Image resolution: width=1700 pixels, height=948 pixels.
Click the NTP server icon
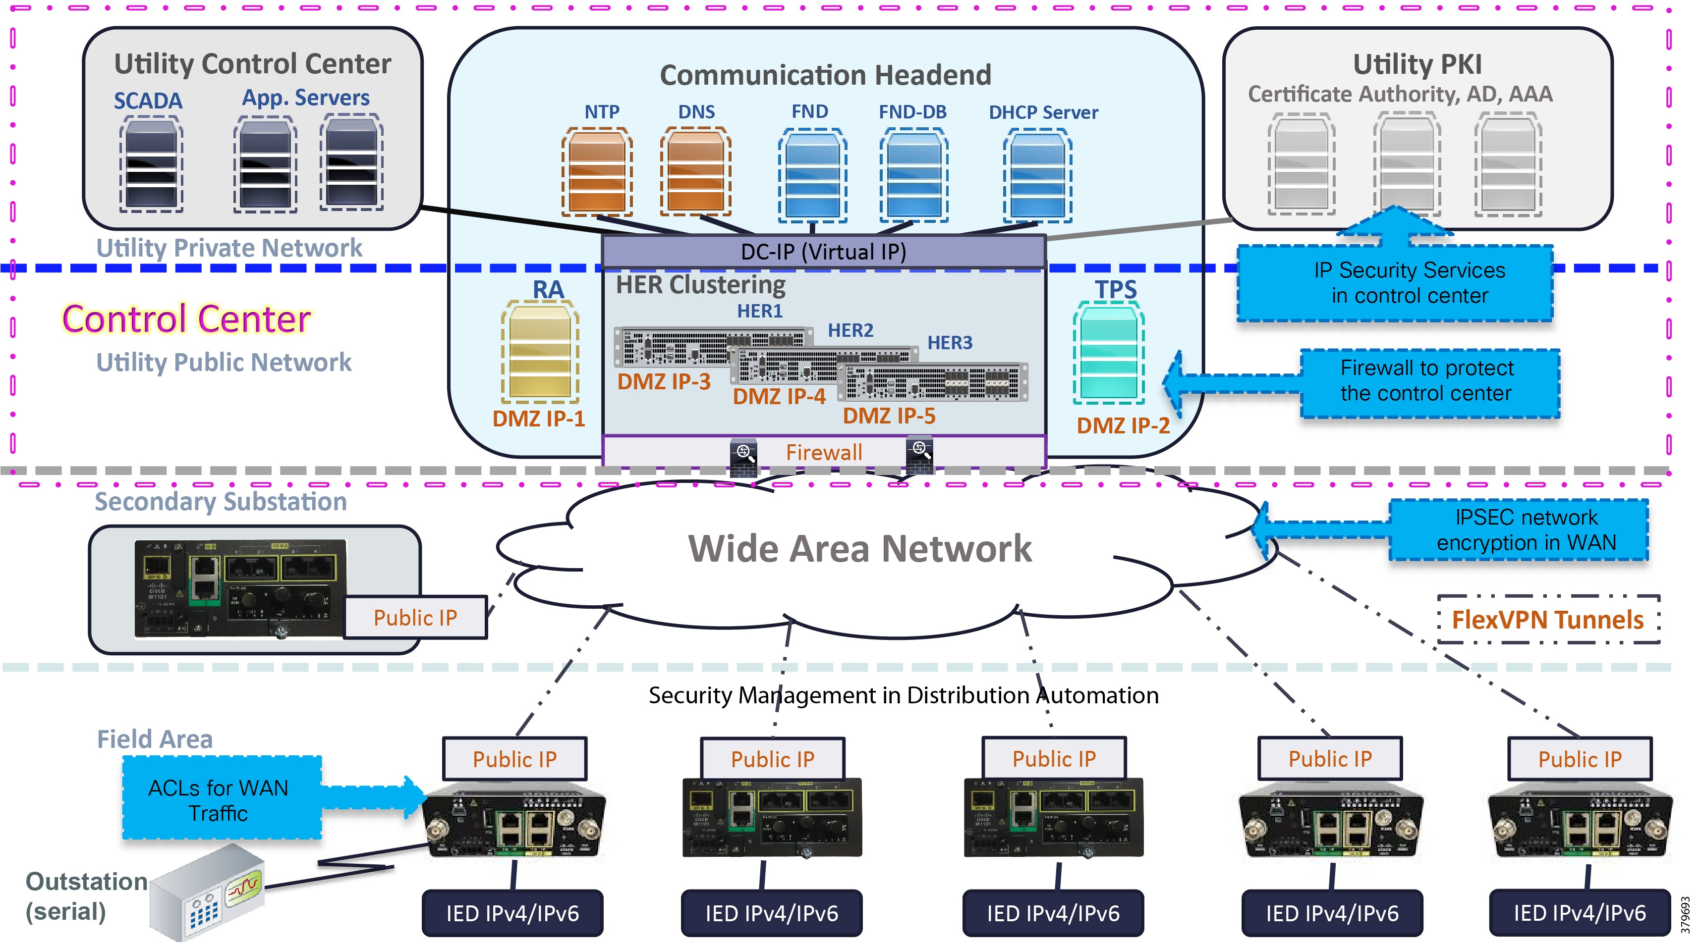click(x=597, y=173)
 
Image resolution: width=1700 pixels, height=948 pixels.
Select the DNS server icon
click(x=695, y=173)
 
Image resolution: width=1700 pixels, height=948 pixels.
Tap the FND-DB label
click(x=912, y=112)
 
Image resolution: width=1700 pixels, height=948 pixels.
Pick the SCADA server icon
click(x=151, y=164)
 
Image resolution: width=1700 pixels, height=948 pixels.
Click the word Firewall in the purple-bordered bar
click(x=824, y=453)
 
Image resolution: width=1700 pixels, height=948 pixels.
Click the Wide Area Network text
click(x=859, y=549)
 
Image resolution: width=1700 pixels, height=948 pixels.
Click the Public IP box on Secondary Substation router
click(x=415, y=618)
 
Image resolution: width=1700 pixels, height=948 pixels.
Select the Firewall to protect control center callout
click(x=1429, y=381)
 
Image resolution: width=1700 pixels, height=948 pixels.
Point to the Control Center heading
click(x=186, y=319)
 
